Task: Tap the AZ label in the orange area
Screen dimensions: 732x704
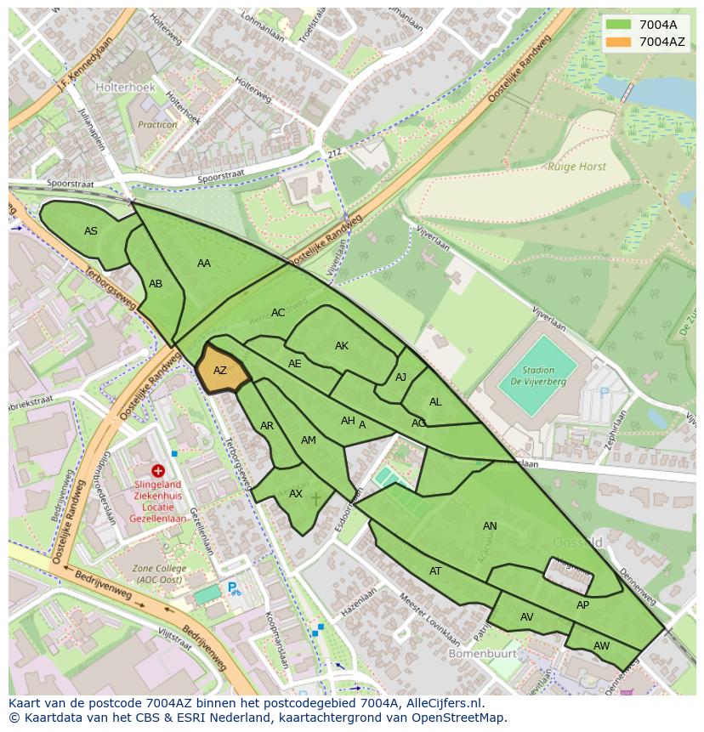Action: point(220,371)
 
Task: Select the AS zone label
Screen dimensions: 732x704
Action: point(91,231)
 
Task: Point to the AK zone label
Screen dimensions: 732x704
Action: point(342,346)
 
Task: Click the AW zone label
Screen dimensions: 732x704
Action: point(601,646)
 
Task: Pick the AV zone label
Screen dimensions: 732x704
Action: point(527,617)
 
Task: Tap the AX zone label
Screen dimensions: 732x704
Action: point(296,494)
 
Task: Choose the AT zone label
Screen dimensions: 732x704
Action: point(435,571)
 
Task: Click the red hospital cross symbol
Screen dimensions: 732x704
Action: point(158,470)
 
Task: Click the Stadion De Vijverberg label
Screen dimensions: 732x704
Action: point(538,376)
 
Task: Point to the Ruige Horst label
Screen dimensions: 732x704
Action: point(577,167)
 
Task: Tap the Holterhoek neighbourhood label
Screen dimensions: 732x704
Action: point(124,87)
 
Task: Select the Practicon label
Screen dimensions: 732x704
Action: point(158,124)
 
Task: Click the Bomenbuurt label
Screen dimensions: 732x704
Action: point(478,655)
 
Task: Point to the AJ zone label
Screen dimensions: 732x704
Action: point(401,377)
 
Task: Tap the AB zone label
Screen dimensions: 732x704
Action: point(156,284)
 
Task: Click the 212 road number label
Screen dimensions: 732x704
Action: point(334,153)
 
